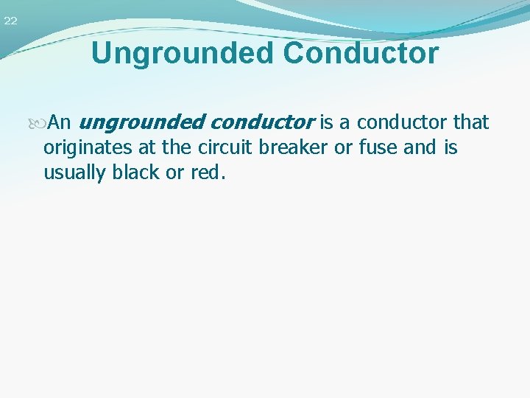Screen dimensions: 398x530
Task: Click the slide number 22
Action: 10,21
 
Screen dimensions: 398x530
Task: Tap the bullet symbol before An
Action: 41,122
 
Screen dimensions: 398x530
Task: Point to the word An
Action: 59,122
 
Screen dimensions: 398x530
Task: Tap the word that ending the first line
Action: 471,122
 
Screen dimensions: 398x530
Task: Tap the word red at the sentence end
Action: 209,173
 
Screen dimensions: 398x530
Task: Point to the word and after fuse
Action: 420,147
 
